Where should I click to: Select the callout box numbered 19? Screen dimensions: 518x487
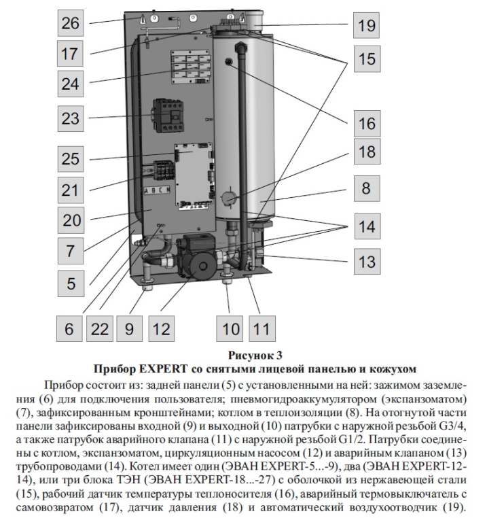[366, 27]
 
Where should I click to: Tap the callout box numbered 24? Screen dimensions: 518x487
[71, 84]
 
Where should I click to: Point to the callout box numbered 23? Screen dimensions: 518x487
[71, 119]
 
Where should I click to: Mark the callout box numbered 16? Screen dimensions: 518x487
[366, 124]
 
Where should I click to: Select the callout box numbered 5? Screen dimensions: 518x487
[71, 283]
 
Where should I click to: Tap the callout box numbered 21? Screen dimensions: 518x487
[71, 189]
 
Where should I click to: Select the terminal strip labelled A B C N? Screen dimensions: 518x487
[156, 191]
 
